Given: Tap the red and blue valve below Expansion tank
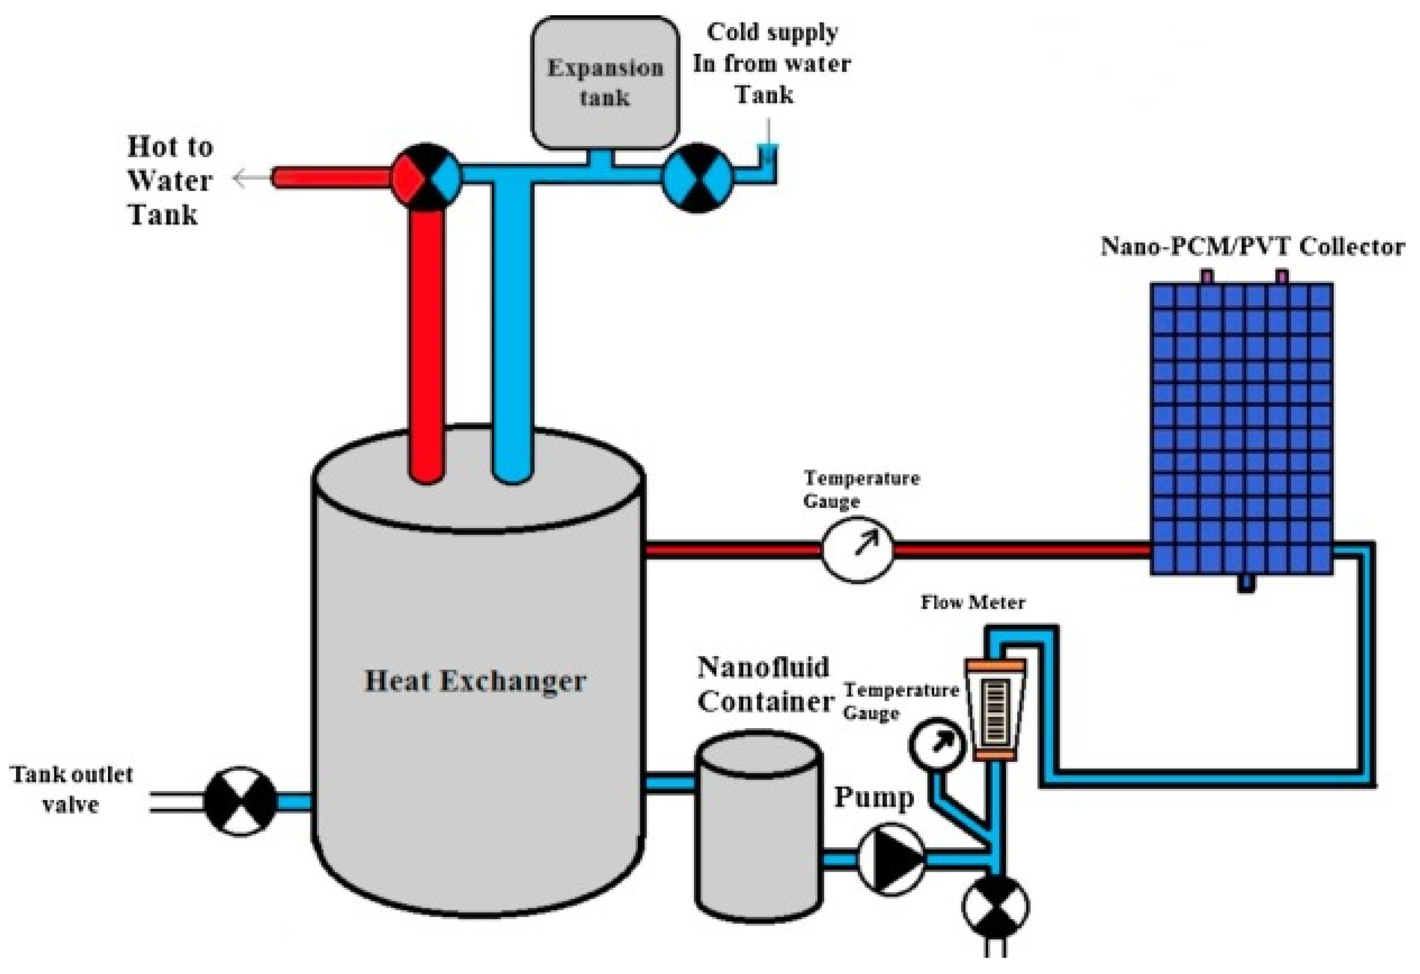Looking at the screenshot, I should (426, 177).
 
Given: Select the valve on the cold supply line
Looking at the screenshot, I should (697, 178).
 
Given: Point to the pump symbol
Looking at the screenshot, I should (891, 858).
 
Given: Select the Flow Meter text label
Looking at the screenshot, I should (973, 603).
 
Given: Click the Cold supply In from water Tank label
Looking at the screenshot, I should (771, 64).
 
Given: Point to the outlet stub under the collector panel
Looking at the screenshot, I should (1246, 584).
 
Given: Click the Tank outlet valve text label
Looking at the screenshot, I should (71, 789).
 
